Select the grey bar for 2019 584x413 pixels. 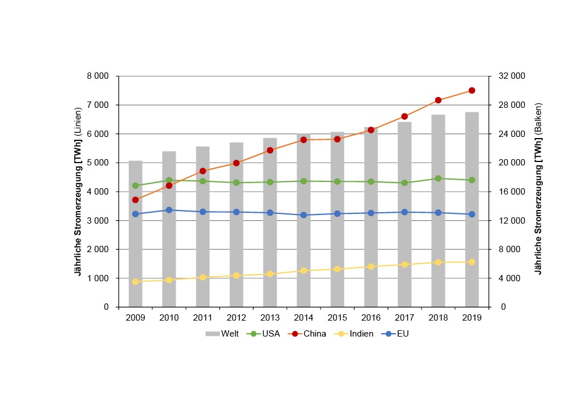click(472, 240)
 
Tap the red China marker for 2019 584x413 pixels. click(472, 90)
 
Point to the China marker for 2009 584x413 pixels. click(135, 200)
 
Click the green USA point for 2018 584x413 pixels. click(438, 178)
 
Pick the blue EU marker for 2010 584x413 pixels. click(169, 210)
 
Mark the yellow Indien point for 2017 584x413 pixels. click(404, 264)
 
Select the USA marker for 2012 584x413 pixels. click(236, 183)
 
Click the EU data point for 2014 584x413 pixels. click(303, 215)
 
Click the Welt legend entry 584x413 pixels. click(222, 334)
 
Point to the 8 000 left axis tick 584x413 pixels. click(98, 76)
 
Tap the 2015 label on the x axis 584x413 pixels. click(337, 318)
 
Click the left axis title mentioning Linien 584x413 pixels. click(79, 191)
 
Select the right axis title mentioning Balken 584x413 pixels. click(538, 188)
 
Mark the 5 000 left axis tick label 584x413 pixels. click(98, 163)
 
